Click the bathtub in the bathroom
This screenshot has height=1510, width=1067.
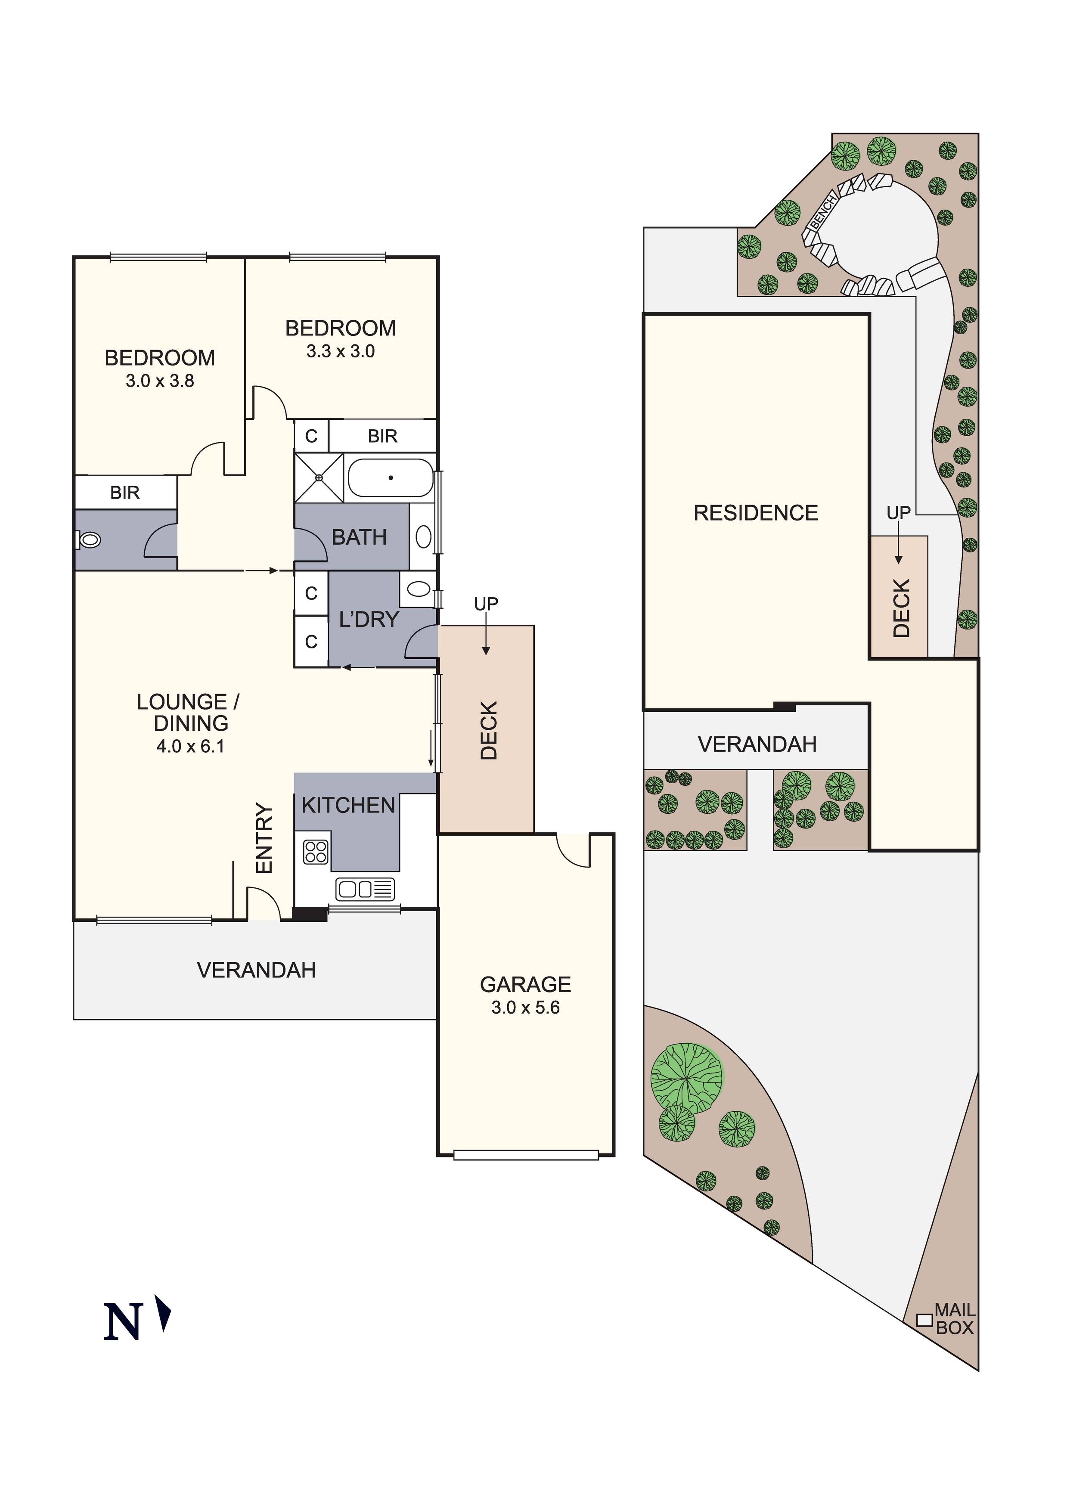click(390, 477)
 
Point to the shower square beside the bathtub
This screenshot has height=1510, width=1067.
click(319, 478)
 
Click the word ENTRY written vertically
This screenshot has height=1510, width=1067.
click(264, 838)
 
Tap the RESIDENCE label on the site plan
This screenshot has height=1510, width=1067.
click(756, 513)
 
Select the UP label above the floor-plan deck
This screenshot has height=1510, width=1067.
click(486, 604)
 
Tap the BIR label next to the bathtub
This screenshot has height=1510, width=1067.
click(383, 436)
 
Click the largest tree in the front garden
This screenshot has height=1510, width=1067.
click(686, 1078)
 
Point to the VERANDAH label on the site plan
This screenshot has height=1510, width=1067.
click(757, 744)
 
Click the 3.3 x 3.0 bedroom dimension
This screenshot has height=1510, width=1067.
click(341, 351)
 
